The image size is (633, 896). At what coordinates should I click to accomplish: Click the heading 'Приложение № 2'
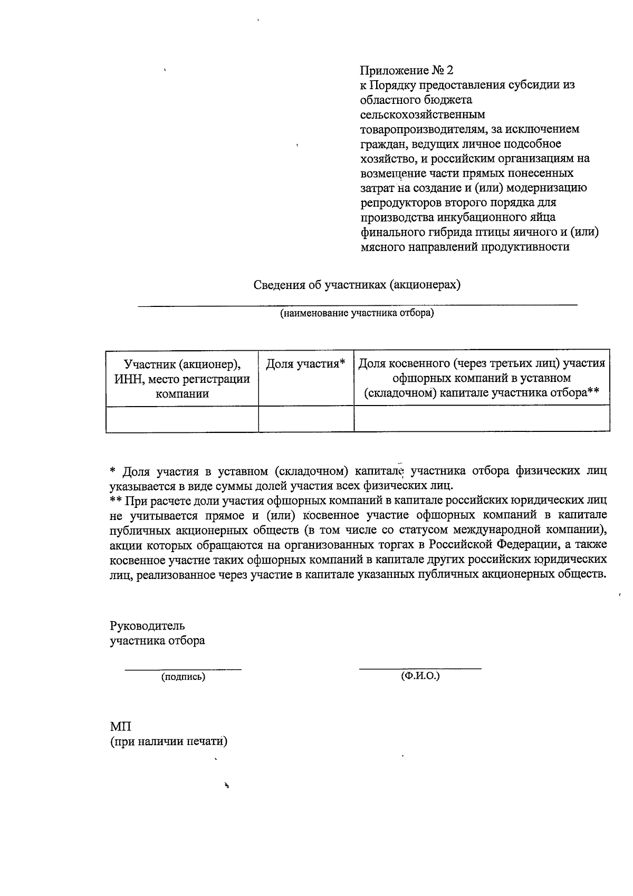pos(406,70)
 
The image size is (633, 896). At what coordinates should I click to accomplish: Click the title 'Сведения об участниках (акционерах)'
pos(357,285)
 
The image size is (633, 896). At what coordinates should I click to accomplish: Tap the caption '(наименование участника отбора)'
pos(357,314)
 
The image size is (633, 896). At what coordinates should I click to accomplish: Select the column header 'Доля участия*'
pos(305,364)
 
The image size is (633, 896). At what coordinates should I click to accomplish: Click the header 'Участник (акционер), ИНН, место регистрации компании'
pos(182,378)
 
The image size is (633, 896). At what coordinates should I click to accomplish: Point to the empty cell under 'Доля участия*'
pos(306,419)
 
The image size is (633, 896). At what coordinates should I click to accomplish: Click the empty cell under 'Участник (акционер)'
pos(182,419)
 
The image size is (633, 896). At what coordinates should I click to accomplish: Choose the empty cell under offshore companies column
pos(482,419)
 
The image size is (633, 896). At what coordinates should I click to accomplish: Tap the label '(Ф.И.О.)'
pos(420,676)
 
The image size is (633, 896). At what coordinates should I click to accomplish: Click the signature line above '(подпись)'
pos(183,669)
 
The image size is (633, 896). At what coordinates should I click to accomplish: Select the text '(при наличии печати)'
pos(168,741)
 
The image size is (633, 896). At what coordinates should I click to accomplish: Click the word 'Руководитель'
pos(147,626)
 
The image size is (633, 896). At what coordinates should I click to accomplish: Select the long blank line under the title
pos(357,305)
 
